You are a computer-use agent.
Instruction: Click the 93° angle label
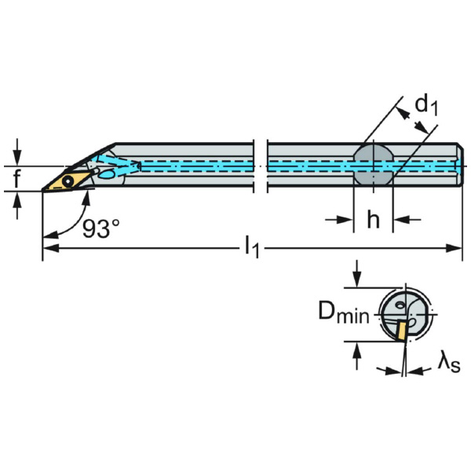101,228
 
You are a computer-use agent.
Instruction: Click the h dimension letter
374,221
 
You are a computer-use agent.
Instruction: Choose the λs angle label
450,363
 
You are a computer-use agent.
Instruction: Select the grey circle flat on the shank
372,164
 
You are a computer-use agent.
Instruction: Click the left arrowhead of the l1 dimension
48,249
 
